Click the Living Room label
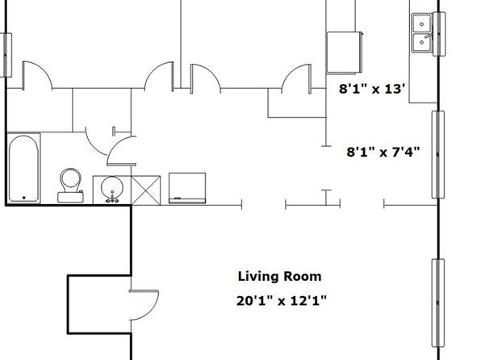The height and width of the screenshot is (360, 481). click(x=279, y=277)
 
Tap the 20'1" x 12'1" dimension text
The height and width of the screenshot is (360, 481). click(x=282, y=300)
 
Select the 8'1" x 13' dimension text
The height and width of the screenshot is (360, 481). click(x=372, y=89)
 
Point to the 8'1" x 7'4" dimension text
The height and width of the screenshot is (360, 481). click(x=383, y=152)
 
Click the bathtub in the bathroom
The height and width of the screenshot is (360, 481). click(x=23, y=168)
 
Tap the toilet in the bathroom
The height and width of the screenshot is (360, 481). click(x=70, y=186)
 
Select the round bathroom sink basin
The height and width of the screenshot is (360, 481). click(x=112, y=186)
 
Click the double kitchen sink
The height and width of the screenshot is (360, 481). click(x=422, y=33)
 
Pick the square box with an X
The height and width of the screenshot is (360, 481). click(x=146, y=190)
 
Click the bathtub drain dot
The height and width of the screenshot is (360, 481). click(x=24, y=198)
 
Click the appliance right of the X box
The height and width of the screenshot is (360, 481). click(x=187, y=188)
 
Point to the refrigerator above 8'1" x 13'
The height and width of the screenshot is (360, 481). click(x=344, y=52)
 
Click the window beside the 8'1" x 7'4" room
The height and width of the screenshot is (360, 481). click(x=437, y=154)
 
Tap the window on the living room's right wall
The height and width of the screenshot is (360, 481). click(x=438, y=303)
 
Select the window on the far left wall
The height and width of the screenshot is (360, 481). click(x=6, y=55)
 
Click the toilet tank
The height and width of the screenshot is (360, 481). click(x=70, y=197)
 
